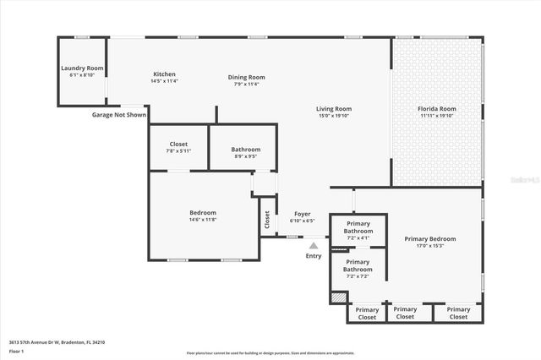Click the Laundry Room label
pyautogui.click(x=82, y=68)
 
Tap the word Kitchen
pyautogui.click(x=164, y=74)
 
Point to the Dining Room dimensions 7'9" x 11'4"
pyautogui.click(x=247, y=84)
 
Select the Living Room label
pyautogui.click(x=334, y=109)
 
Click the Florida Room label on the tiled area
pyautogui.click(x=437, y=109)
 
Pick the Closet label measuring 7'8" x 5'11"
pyautogui.click(x=178, y=144)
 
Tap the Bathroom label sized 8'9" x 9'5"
pyautogui.click(x=246, y=150)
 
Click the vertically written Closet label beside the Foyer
pyautogui.click(x=267, y=221)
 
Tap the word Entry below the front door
pyautogui.click(x=314, y=256)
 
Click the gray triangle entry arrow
pyautogui.click(x=314, y=245)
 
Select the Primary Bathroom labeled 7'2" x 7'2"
pyautogui.click(x=358, y=266)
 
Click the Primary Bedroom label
pyautogui.click(x=435, y=239)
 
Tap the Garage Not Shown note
pyautogui.click(x=118, y=115)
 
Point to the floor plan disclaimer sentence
pyautogui.click(x=270, y=353)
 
